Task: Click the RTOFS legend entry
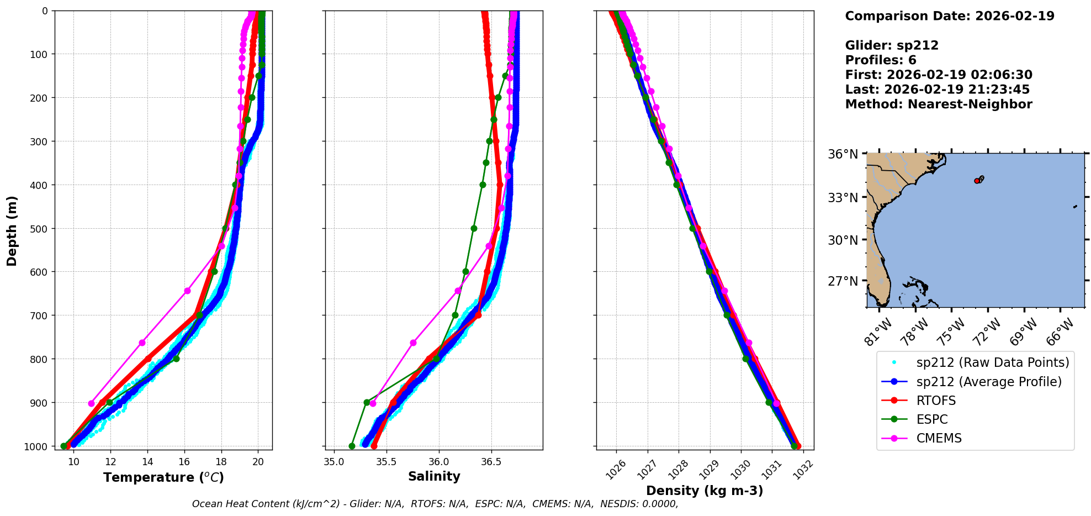click(936, 401)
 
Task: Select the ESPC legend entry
click(932, 419)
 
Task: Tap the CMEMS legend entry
click(939, 438)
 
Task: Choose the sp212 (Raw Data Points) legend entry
click(992, 362)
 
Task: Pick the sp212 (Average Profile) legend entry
click(989, 382)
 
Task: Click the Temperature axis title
click(163, 477)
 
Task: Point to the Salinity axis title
click(434, 476)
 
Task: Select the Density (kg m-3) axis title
click(705, 491)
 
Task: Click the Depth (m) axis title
click(12, 230)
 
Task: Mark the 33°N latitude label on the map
click(843, 198)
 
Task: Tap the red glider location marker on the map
click(977, 181)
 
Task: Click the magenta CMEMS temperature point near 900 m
click(92, 403)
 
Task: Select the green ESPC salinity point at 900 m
click(367, 402)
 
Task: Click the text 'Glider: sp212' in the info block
click(892, 45)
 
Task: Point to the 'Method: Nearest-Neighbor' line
click(939, 104)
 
